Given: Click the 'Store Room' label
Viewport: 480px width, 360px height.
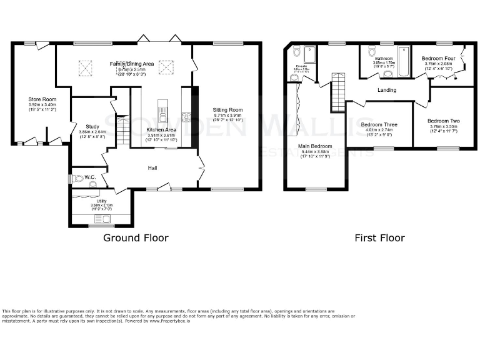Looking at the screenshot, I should (42, 99).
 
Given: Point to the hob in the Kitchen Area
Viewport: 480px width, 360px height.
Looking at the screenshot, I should (186, 116).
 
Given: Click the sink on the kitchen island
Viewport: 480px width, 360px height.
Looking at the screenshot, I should (162, 114).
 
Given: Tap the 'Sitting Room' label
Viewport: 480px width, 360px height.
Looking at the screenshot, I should (227, 110).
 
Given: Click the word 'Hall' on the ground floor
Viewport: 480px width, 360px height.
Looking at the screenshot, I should (152, 168).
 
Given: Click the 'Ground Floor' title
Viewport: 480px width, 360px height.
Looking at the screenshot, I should (136, 237).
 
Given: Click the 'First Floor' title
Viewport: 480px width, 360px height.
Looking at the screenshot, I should (379, 237).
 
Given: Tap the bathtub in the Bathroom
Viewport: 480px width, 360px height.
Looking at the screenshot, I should (403, 61).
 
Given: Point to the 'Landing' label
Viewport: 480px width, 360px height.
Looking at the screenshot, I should (387, 89).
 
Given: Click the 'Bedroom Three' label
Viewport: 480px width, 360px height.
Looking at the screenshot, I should (379, 124).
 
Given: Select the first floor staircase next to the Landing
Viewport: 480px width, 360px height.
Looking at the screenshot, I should (337, 91).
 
